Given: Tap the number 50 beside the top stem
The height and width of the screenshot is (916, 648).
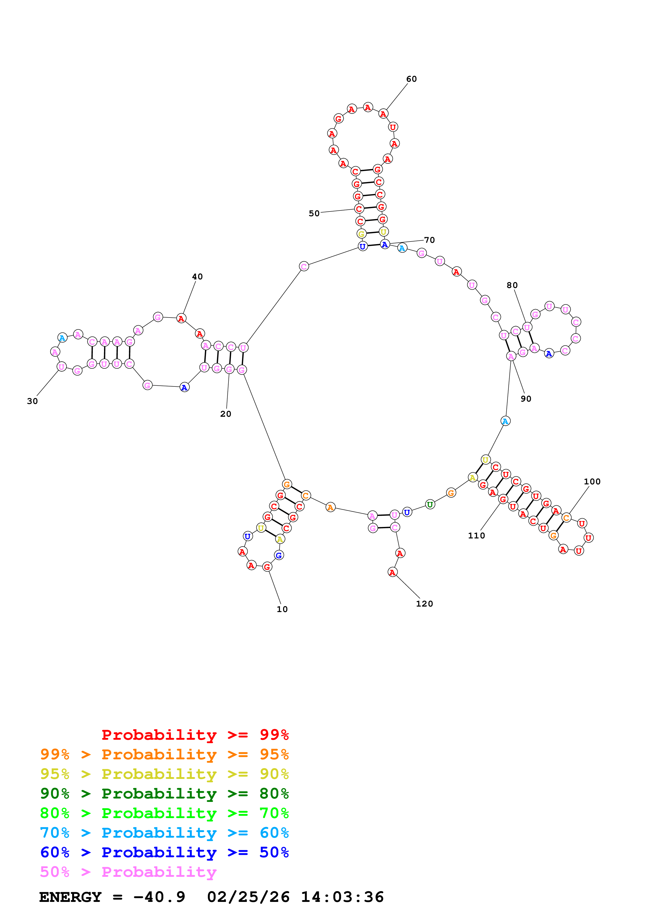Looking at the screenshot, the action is click(314, 213).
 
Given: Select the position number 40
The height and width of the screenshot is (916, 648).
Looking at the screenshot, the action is click(197, 277).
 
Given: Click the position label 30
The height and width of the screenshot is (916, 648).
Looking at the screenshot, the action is click(32, 401).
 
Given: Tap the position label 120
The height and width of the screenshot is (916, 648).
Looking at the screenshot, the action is click(425, 604).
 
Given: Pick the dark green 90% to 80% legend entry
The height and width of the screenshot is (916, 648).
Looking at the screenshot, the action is click(164, 794).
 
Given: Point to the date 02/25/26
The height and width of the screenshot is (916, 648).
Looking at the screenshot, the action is click(248, 897).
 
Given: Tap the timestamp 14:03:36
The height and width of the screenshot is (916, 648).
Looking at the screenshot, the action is click(342, 897).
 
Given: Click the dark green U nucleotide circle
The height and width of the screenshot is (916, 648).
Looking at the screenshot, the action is click(430, 505).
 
